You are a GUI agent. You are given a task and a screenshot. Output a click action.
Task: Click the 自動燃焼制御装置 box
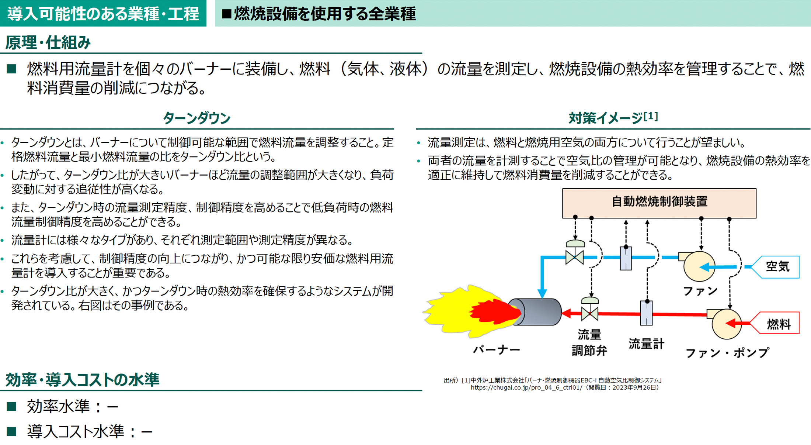[x=659, y=203]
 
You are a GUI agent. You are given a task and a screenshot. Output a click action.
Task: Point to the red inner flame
[x=494, y=313]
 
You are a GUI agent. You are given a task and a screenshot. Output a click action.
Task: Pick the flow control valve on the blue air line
[x=574, y=256]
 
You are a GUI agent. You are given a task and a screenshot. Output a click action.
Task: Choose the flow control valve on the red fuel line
[x=589, y=313]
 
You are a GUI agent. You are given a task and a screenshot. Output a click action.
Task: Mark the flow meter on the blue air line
[x=626, y=258]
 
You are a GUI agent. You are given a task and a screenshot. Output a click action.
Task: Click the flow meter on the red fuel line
[x=646, y=313]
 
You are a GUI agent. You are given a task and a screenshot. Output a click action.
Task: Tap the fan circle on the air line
[x=699, y=266]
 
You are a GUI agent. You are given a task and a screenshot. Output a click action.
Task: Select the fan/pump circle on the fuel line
[x=726, y=324]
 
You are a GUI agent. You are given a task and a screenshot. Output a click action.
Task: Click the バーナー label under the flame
[x=497, y=349]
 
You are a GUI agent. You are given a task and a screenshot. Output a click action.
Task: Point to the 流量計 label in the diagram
[x=646, y=344]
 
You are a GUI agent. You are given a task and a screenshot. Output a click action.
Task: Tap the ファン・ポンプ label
[x=727, y=353]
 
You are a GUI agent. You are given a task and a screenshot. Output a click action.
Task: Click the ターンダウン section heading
[x=196, y=118]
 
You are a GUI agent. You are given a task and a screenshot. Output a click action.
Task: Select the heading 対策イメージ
[x=612, y=118]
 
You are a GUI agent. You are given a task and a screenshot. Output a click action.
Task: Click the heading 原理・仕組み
[x=48, y=42]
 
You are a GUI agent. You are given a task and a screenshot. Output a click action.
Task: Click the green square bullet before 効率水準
[x=11, y=406]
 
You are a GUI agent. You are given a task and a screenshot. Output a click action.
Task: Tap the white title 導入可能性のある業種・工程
[x=103, y=14]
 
